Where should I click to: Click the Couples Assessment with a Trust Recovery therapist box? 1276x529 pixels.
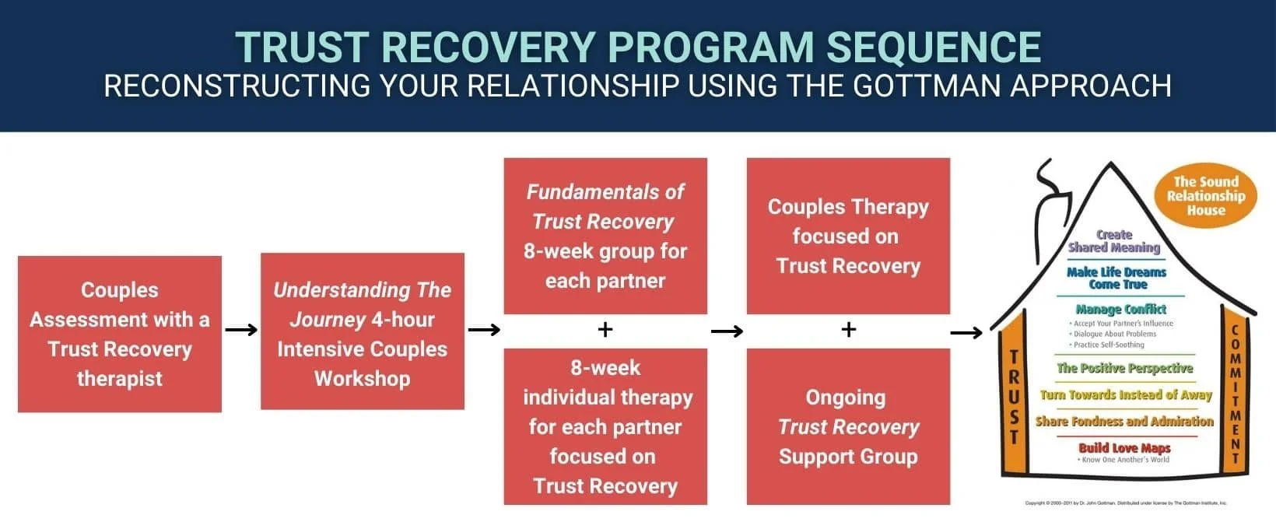pos(120,334)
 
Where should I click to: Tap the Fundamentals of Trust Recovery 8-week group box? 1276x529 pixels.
pos(605,236)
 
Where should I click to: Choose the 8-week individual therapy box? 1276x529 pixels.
pos(605,426)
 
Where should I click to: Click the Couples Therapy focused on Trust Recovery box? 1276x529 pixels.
pos(848,236)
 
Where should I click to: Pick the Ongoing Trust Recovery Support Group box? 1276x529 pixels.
pos(848,426)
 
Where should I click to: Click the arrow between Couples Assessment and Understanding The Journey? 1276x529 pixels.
pos(241,330)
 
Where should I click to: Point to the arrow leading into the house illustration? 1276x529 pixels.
pos(966,333)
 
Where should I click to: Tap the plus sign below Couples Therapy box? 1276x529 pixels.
pos(848,330)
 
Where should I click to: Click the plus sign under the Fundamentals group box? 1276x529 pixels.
pos(605,330)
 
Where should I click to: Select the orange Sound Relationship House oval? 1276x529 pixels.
pos(1205,196)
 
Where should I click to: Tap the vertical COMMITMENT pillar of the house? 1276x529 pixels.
pos(1234,393)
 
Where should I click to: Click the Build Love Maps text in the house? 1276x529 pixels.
pos(1124,448)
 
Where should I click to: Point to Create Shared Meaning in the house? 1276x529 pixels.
pos(1114,241)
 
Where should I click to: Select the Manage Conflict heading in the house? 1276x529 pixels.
pos(1120,309)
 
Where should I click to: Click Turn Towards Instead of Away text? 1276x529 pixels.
pos(1126,395)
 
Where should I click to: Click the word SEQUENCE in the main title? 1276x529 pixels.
pos(934,47)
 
